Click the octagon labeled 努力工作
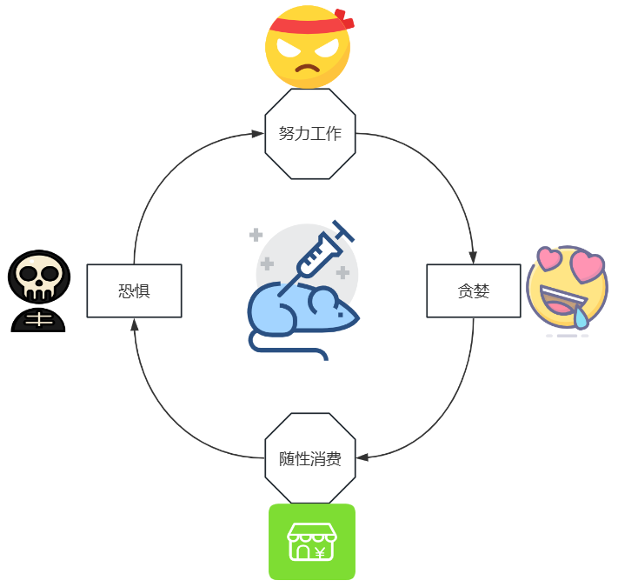(309, 134)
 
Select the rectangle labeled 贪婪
(473, 291)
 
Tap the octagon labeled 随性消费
(309, 458)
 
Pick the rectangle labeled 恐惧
(134, 291)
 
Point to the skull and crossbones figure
(38, 291)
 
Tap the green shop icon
(311, 542)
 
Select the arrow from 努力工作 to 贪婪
(444, 165)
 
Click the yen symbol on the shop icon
(320, 552)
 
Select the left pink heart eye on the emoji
(551, 259)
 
